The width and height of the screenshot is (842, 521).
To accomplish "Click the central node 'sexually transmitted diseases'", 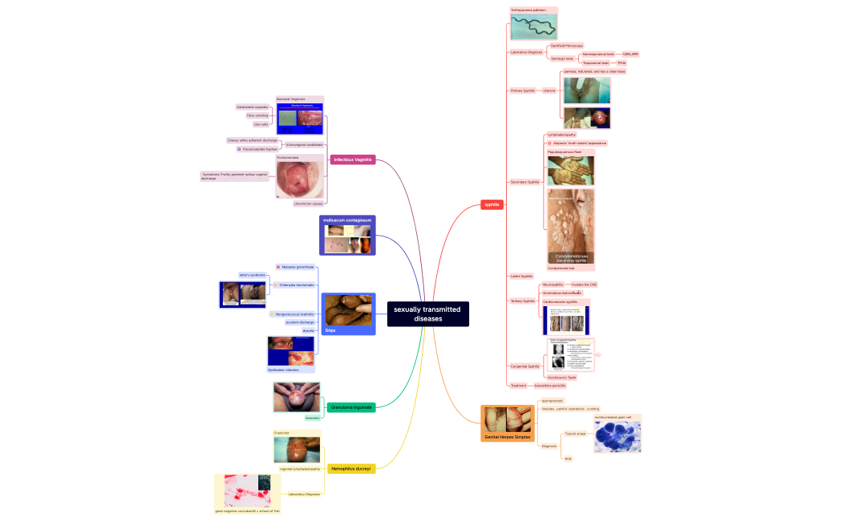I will click(x=427, y=314).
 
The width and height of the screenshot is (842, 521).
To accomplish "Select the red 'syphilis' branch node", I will click(x=492, y=204).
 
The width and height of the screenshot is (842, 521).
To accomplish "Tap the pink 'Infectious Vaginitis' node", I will click(x=352, y=160).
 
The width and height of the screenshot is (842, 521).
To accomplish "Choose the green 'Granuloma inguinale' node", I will click(x=350, y=407).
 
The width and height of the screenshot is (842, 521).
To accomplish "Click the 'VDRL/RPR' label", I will click(x=630, y=54).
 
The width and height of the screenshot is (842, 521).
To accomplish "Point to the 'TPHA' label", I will click(x=621, y=63).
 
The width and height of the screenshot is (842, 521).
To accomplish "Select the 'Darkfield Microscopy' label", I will click(x=567, y=46).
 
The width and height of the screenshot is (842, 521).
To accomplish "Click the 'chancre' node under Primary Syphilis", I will click(x=549, y=91).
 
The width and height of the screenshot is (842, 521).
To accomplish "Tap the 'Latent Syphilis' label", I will click(x=521, y=276).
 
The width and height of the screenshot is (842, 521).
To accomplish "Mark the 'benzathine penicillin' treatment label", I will click(x=549, y=386).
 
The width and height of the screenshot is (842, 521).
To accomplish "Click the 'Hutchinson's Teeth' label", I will click(x=561, y=377).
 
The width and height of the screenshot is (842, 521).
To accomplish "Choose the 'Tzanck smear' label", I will click(x=575, y=434).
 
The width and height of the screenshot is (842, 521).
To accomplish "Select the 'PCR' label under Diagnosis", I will click(x=568, y=458).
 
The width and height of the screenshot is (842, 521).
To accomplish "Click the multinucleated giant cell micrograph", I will click(x=617, y=436).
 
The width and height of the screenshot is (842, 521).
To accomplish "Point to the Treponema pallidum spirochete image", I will click(x=533, y=26).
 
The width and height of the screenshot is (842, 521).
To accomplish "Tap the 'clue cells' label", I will click(x=261, y=124).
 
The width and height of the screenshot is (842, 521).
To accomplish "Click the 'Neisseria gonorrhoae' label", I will click(x=297, y=267).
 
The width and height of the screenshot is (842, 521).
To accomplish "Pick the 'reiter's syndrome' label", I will click(x=252, y=275).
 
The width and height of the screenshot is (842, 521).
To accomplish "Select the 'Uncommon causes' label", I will click(x=308, y=204).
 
